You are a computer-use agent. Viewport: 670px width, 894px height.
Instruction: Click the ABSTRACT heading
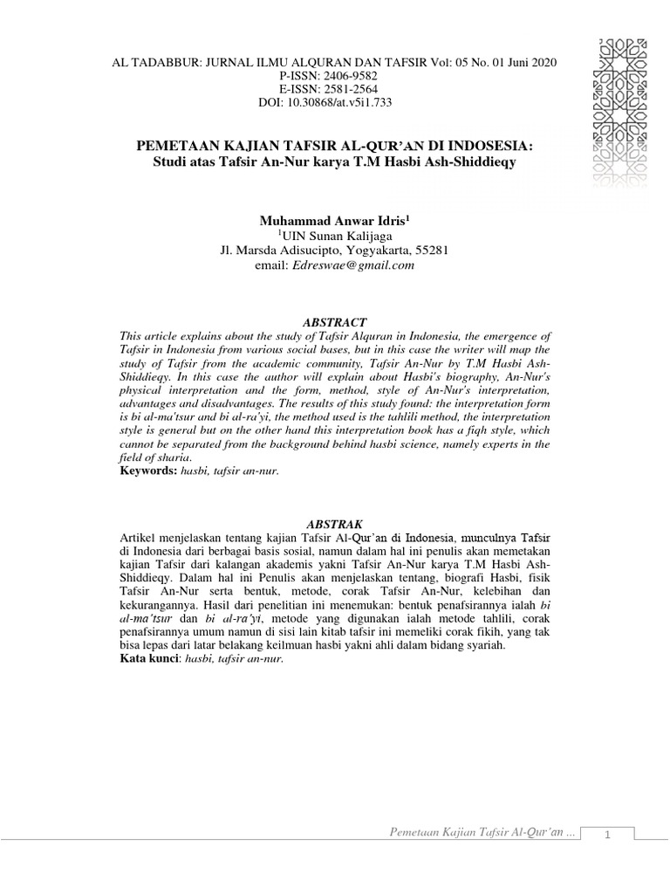334,322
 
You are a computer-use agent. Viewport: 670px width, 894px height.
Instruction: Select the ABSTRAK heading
334,523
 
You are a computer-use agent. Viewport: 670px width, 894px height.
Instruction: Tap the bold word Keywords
146,471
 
